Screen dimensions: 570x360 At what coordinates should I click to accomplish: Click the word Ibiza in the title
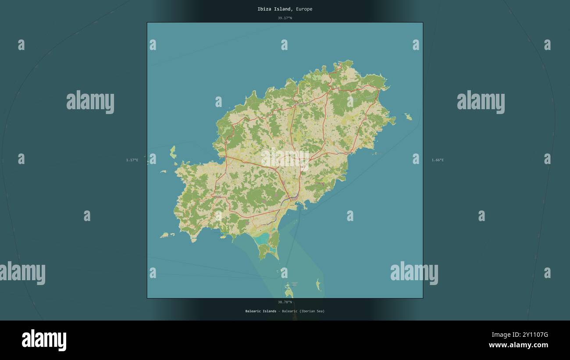pos(264,9)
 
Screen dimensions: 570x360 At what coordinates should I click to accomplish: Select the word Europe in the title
pos(304,9)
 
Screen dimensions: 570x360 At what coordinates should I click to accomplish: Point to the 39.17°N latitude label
pos(285,18)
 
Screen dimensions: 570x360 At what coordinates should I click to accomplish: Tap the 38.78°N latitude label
pos(285,302)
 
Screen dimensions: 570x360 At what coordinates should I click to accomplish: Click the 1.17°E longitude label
pos(132,160)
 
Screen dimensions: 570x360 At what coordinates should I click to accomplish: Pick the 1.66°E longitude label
pos(438,160)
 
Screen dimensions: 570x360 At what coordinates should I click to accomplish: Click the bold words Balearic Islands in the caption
pos(261,311)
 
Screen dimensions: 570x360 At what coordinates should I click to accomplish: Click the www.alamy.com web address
pos(518,345)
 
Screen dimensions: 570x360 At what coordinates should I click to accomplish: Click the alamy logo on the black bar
pos(44,340)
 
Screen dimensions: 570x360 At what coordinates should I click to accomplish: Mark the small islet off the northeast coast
pos(408,117)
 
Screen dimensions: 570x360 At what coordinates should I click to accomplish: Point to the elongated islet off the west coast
pos(173,152)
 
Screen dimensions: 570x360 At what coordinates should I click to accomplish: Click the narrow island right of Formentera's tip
pos(318,285)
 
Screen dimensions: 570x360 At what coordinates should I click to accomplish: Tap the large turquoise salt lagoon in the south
pos(263,238)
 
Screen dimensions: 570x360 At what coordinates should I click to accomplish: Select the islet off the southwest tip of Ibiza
pos(164,235)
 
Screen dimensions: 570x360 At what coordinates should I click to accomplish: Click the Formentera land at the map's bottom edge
pos(289,292)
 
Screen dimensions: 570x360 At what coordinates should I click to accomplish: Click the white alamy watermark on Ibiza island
pos(285,158)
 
